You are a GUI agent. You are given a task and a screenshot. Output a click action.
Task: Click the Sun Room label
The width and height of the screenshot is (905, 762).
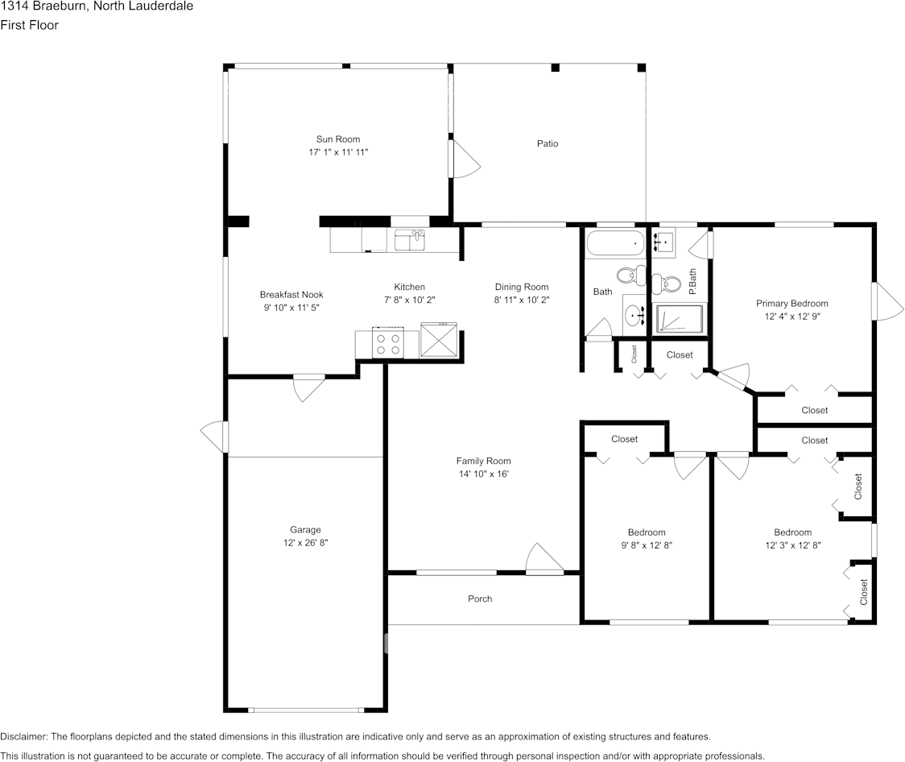coord(338,139)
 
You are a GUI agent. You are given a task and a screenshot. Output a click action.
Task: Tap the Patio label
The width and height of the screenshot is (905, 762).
coord(548,143)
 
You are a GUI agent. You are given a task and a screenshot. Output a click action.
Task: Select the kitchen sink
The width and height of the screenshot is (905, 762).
coord(410,240)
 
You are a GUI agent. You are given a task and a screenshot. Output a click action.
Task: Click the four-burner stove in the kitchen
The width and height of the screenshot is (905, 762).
coord(388,342)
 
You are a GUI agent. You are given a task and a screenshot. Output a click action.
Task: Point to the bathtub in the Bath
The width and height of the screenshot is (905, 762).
coord(615,243)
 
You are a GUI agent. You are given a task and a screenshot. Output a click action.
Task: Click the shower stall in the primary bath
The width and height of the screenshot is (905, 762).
coord(680,319)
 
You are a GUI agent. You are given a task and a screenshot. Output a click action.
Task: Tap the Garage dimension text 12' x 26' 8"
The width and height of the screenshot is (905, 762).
coord(305,543)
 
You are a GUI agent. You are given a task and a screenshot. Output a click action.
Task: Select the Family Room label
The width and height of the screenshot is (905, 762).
coord(483,461)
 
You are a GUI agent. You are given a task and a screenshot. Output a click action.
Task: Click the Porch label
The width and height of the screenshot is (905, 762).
coord(480,598)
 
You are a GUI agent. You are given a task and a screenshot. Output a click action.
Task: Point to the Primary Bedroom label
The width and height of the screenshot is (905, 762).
coord(792,303)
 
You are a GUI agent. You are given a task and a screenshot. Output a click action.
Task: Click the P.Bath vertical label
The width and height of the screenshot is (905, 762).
coord(692,281)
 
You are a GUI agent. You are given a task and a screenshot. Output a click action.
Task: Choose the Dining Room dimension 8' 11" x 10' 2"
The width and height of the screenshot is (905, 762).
coord(521,300)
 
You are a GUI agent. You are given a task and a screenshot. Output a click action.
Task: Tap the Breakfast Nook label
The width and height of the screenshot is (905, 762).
coord(291,295)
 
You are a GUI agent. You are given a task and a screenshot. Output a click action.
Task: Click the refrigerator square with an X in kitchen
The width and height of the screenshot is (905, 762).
coord(440,340)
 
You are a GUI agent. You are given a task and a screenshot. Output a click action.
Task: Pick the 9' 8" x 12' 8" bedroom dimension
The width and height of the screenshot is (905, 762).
coord(647,545)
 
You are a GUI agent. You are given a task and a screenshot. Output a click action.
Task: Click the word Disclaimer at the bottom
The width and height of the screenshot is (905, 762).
coord(23,736)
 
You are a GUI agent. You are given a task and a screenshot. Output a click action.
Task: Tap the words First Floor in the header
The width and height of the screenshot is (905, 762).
coord(30,25)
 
